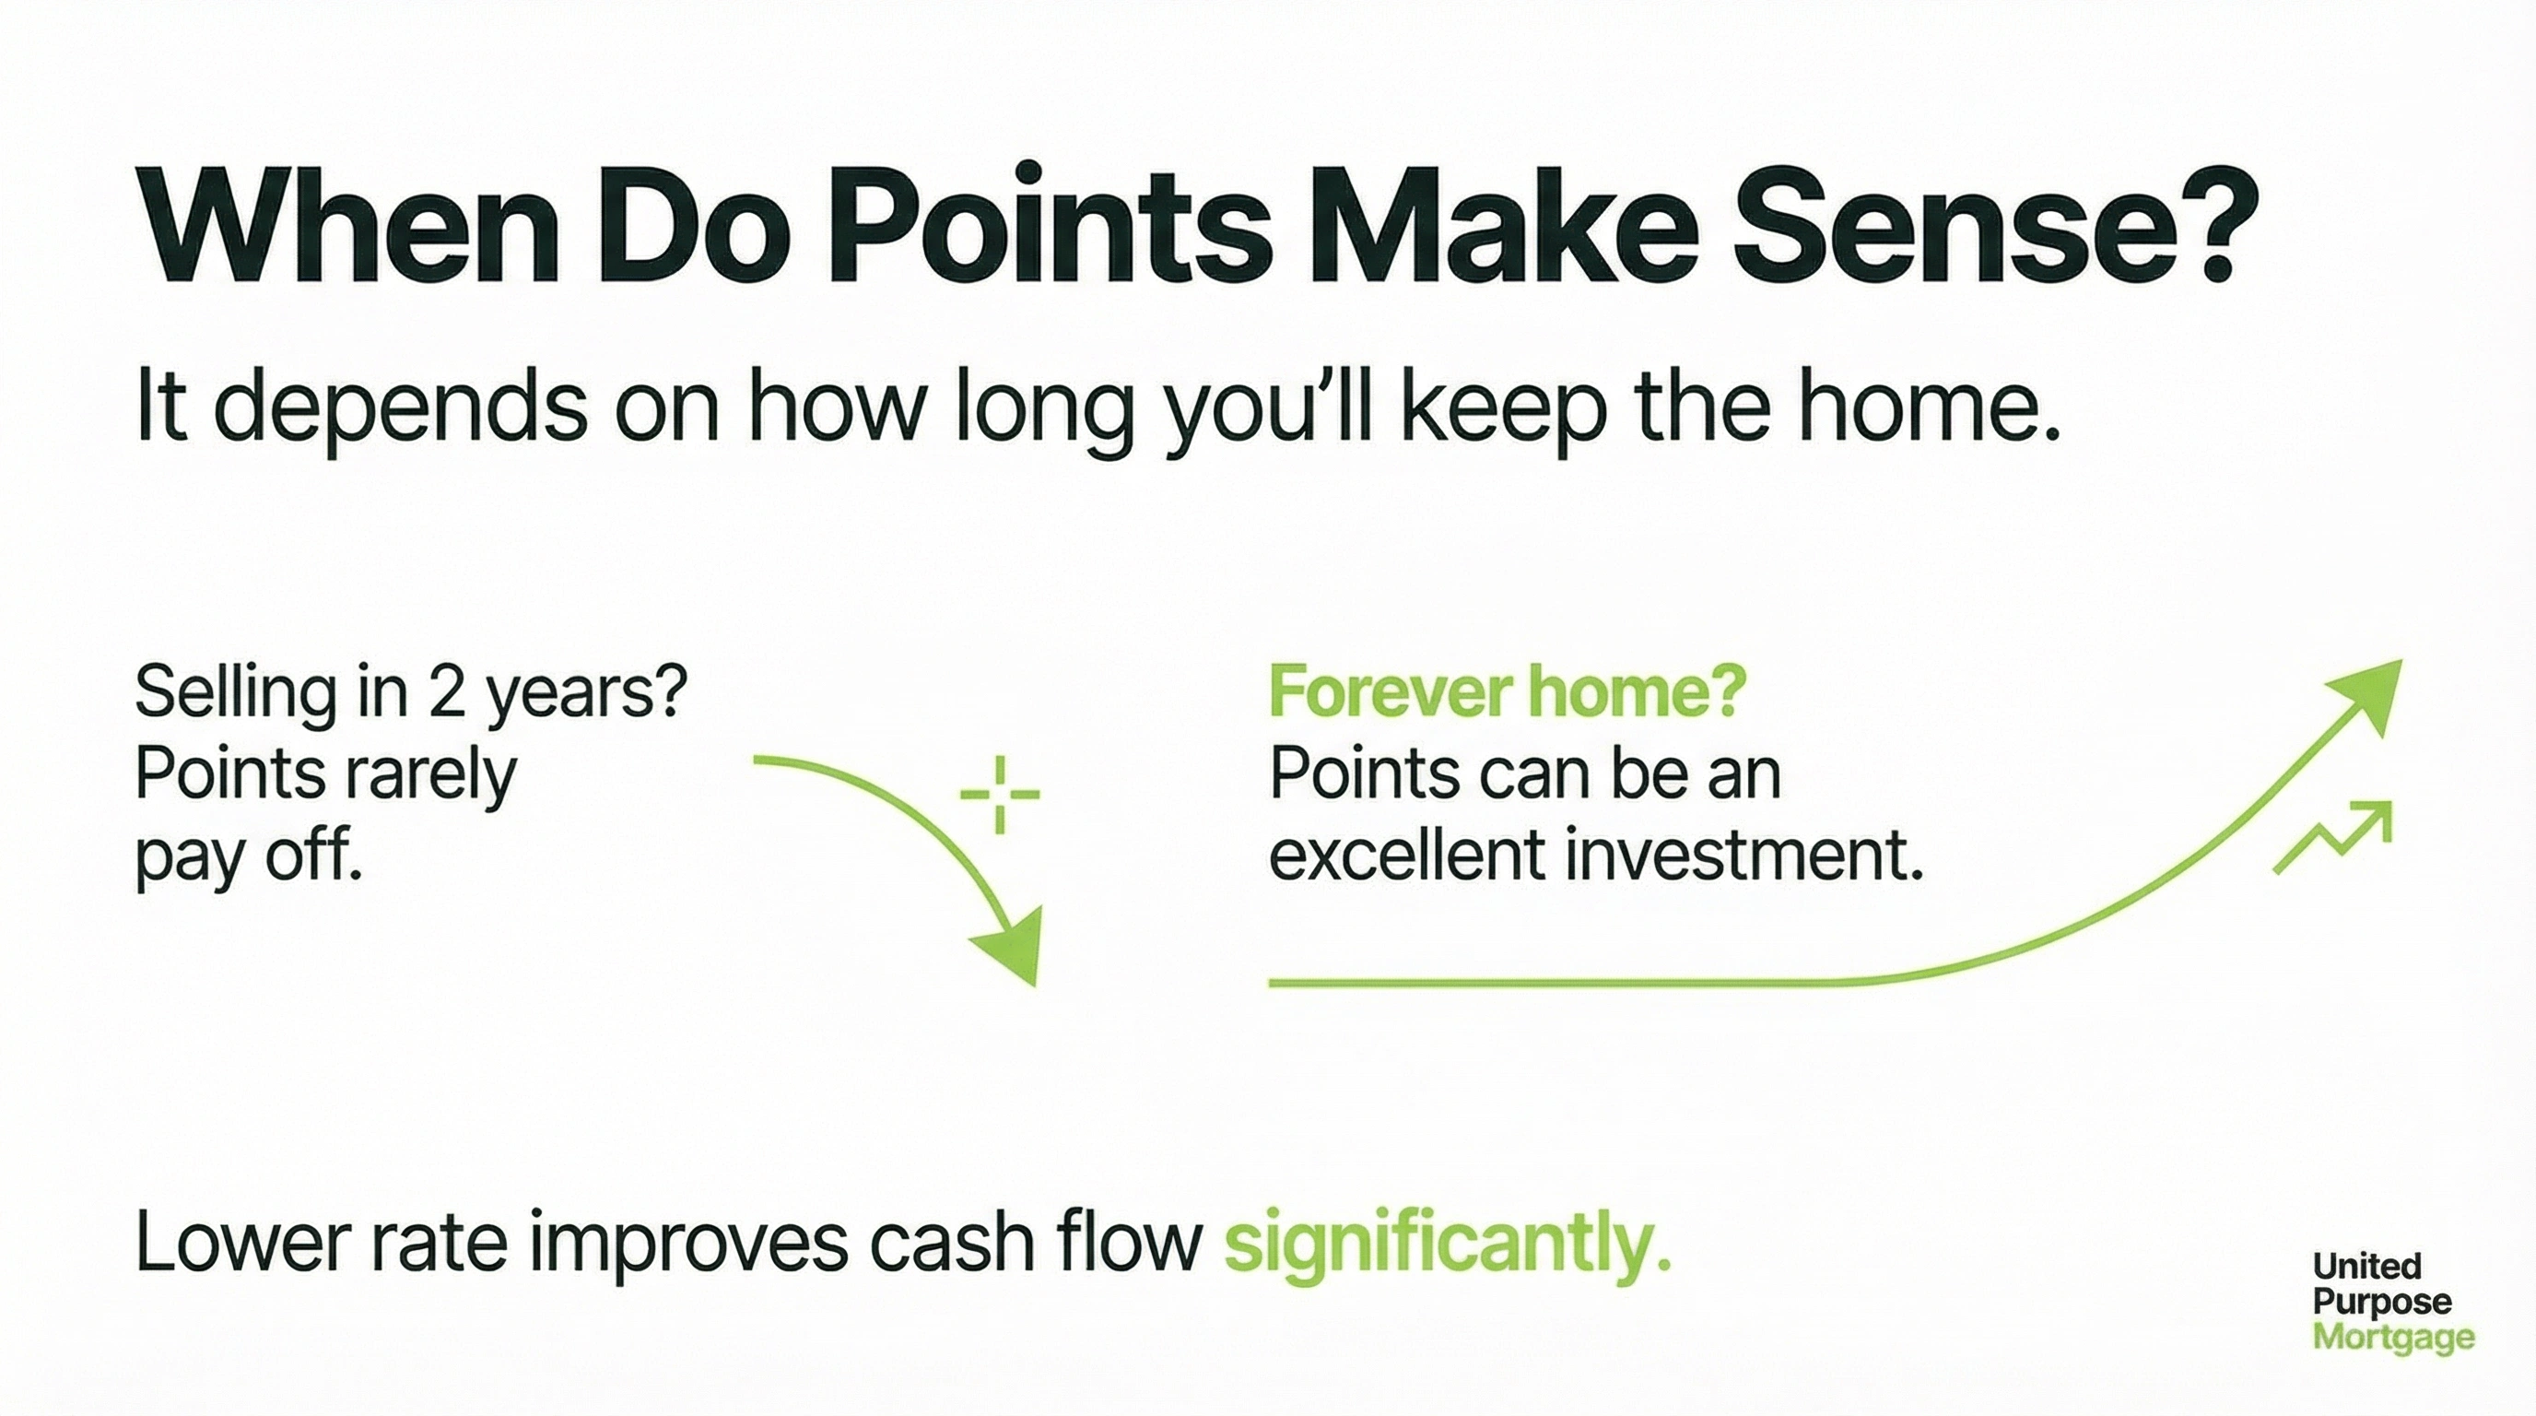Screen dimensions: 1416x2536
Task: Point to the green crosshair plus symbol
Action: coord(999,795)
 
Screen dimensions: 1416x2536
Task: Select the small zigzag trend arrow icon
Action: coord(2332,838)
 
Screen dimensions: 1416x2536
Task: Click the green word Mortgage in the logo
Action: coord(2393,1338)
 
